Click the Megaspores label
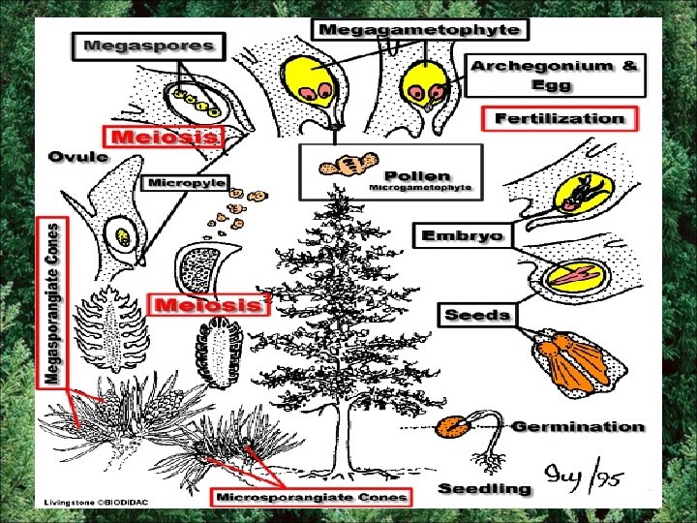pyautogui.click(x=148, y=45)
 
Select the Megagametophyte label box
pyautogui.click(x=419, y=29)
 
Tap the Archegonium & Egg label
pyautogui.click(x=555, y=75)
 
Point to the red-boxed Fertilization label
pyautogui.click(x=560, y=119)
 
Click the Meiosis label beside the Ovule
pyautogui.click(x=164, y=137)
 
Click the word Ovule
pyautogui.click(x=80, y=157)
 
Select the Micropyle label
pyautogui.click(x=187, y=182)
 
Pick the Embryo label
pyautogui.click(x=463, y=234)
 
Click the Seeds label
pyautogui.click(x=477, y=315)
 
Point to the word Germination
pyautogui.click(x=577, y=426)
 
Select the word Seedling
pyautogui.click(x=485, y=488)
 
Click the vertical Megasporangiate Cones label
pyautogui.click(x=54, y=301)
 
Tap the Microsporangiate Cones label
pyautogui.click(x=312, y=497)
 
